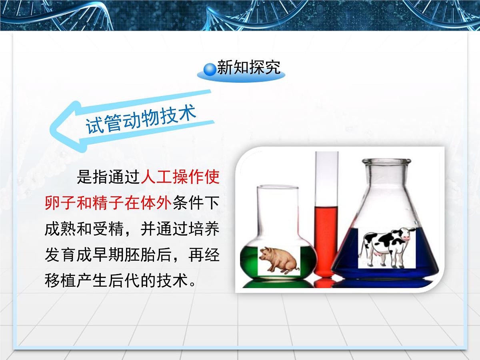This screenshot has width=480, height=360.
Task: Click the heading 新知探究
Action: pos(248,68)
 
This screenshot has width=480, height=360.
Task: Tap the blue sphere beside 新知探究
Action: pos(209,70)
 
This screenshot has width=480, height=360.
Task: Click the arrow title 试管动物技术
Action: pos(141,119)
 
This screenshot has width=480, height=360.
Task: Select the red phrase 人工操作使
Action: pos(180,177)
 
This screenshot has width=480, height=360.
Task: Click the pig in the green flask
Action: pos(278,260)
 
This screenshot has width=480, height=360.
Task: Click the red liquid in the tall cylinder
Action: pos(326,240)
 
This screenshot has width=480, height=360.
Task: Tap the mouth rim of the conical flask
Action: pos(386,162)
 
